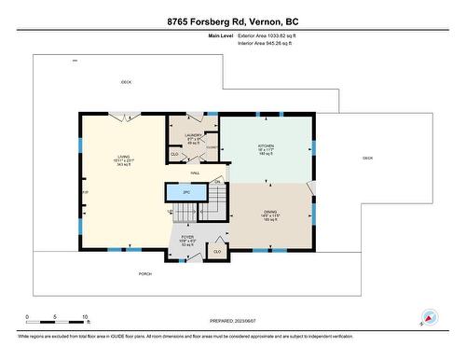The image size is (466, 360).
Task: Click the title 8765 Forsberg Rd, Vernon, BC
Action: point(232,21)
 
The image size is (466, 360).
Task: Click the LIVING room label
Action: point(122,159)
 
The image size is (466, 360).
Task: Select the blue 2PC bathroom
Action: point(185,192)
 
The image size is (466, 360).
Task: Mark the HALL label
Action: point(196,173)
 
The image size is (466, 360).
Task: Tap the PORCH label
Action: point(144,273)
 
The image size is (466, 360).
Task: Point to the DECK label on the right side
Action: point(367,158)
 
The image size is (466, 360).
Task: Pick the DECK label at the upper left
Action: point(126,82)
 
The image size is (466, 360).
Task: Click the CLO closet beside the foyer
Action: point(217,251)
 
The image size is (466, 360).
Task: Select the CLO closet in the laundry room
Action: point(174,153)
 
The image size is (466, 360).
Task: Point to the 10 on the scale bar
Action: point(85,317)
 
